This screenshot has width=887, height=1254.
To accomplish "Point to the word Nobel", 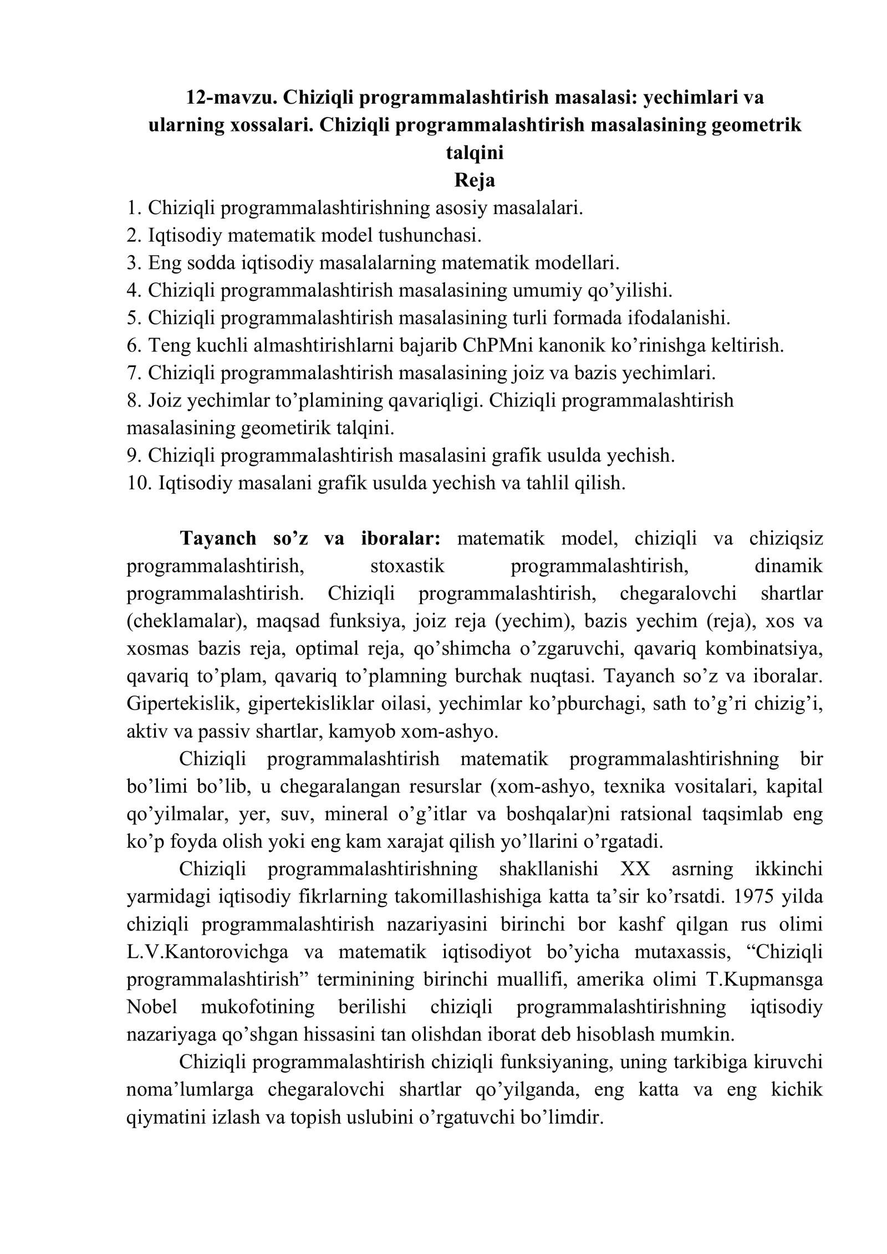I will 151,1007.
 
